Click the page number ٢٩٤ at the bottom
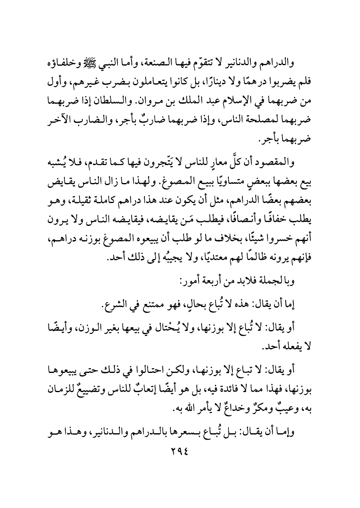click(180, 452)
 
